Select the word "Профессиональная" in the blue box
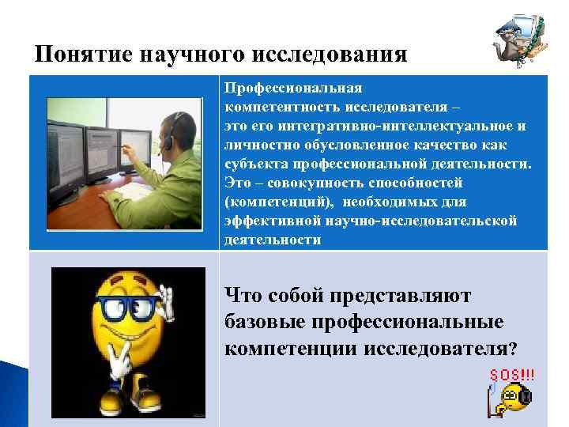(293, 89)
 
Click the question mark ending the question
(514, 349)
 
